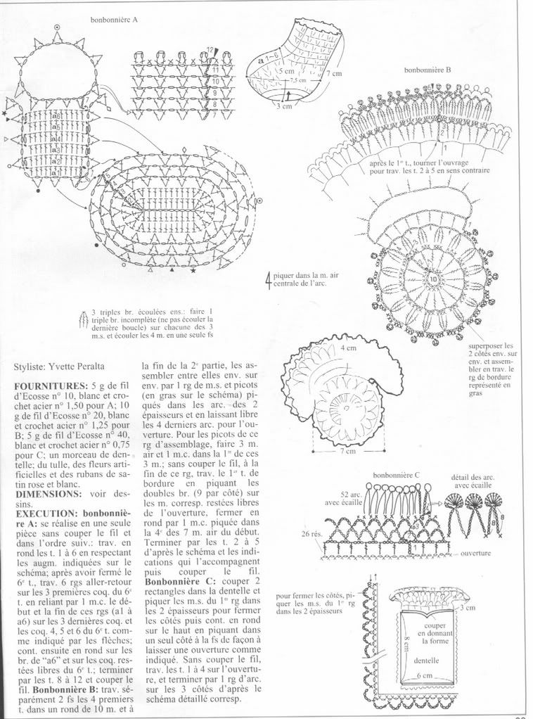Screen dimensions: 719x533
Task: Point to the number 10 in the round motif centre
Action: (433, 279)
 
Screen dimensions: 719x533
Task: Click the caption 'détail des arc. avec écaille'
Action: (473, 482)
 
